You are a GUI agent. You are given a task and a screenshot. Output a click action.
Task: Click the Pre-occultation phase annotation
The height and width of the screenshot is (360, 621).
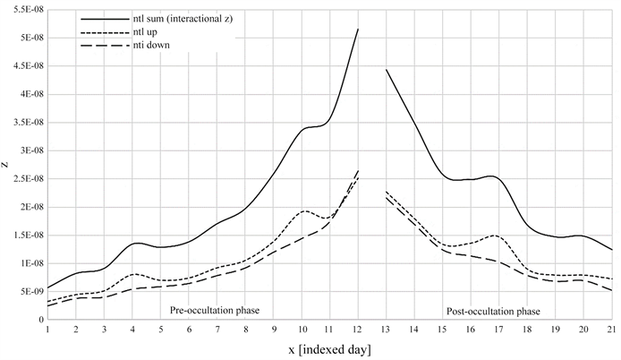[215, 311]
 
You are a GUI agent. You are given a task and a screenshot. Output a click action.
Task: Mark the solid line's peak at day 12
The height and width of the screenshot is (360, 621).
[358, 30]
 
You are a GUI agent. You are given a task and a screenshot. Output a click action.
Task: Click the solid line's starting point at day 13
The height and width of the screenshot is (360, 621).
[387, 70]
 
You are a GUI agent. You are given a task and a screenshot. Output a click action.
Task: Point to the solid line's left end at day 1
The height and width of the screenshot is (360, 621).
[47, 287]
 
